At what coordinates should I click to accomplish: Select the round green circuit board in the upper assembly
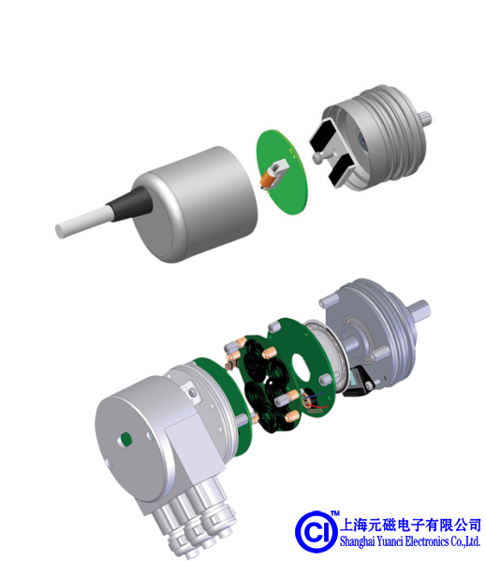(x=282, y=172)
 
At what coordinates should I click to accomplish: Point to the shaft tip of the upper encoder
(x=426, y=119)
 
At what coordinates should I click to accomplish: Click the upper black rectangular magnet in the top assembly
(x=324, y=136)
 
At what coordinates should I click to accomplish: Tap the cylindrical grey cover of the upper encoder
(x=196, y=203)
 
